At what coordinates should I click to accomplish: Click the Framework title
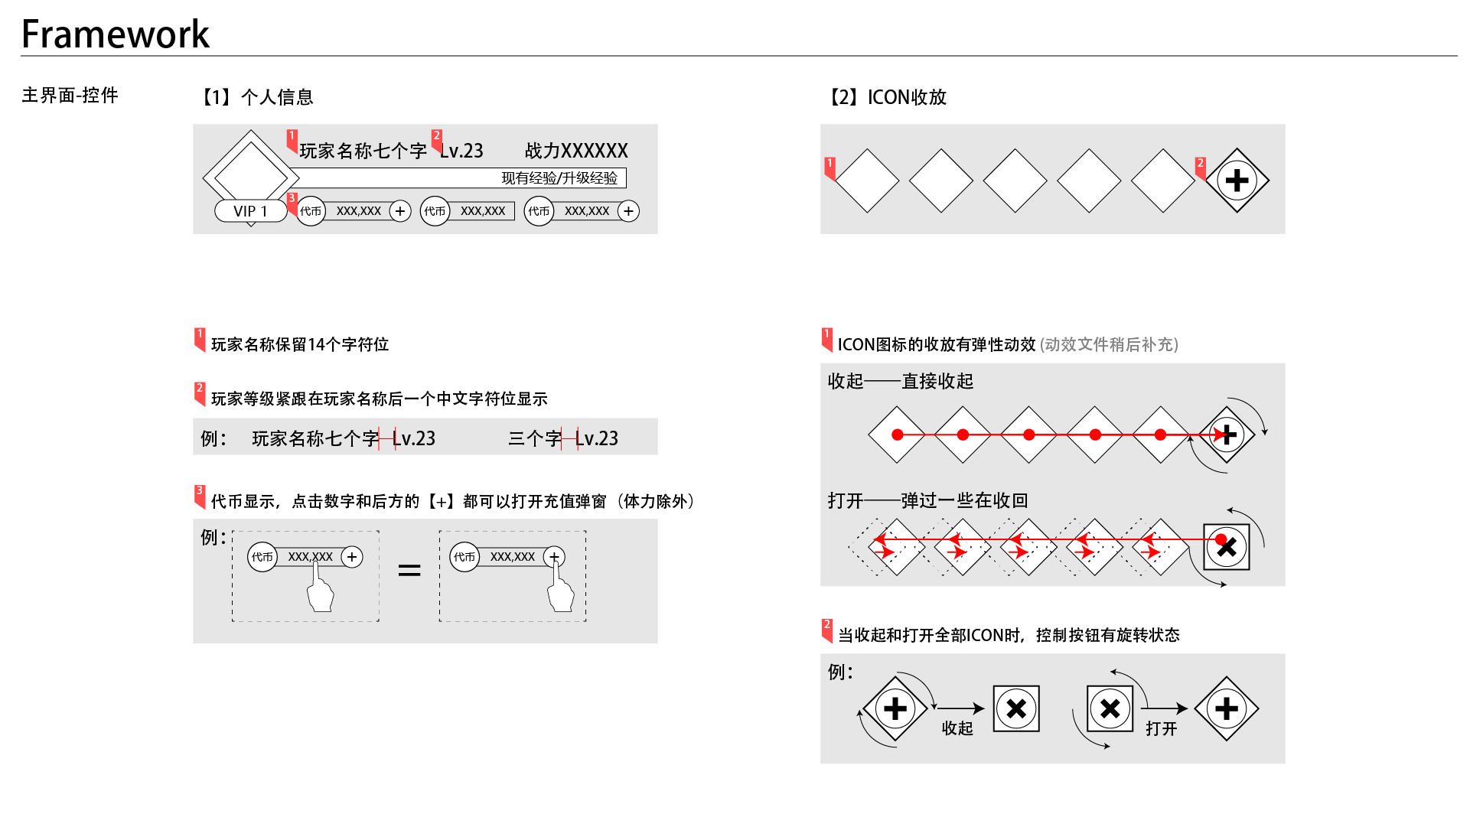(116, 34)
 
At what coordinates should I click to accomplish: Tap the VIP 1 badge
(250, 211)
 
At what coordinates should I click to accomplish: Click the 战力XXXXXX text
(576, 151)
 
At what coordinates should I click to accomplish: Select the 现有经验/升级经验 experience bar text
(559, 178)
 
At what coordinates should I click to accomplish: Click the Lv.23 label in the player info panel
(461, 151)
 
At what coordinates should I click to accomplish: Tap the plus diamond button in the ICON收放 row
(1237, 181)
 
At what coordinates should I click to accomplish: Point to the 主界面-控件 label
(70, 95)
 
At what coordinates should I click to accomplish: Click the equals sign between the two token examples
(409, 570)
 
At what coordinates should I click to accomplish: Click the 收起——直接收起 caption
(901, 381)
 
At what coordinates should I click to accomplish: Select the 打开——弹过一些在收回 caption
(927, 500)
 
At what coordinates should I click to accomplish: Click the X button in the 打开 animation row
(1227, 547)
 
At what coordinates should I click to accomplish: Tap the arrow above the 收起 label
(960, 708)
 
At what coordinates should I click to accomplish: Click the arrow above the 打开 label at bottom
(1164, 708)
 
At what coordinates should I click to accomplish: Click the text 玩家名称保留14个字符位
(300, 344)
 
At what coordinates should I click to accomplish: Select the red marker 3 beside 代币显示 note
(200, 497)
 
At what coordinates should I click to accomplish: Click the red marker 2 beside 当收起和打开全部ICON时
(827, 630)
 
